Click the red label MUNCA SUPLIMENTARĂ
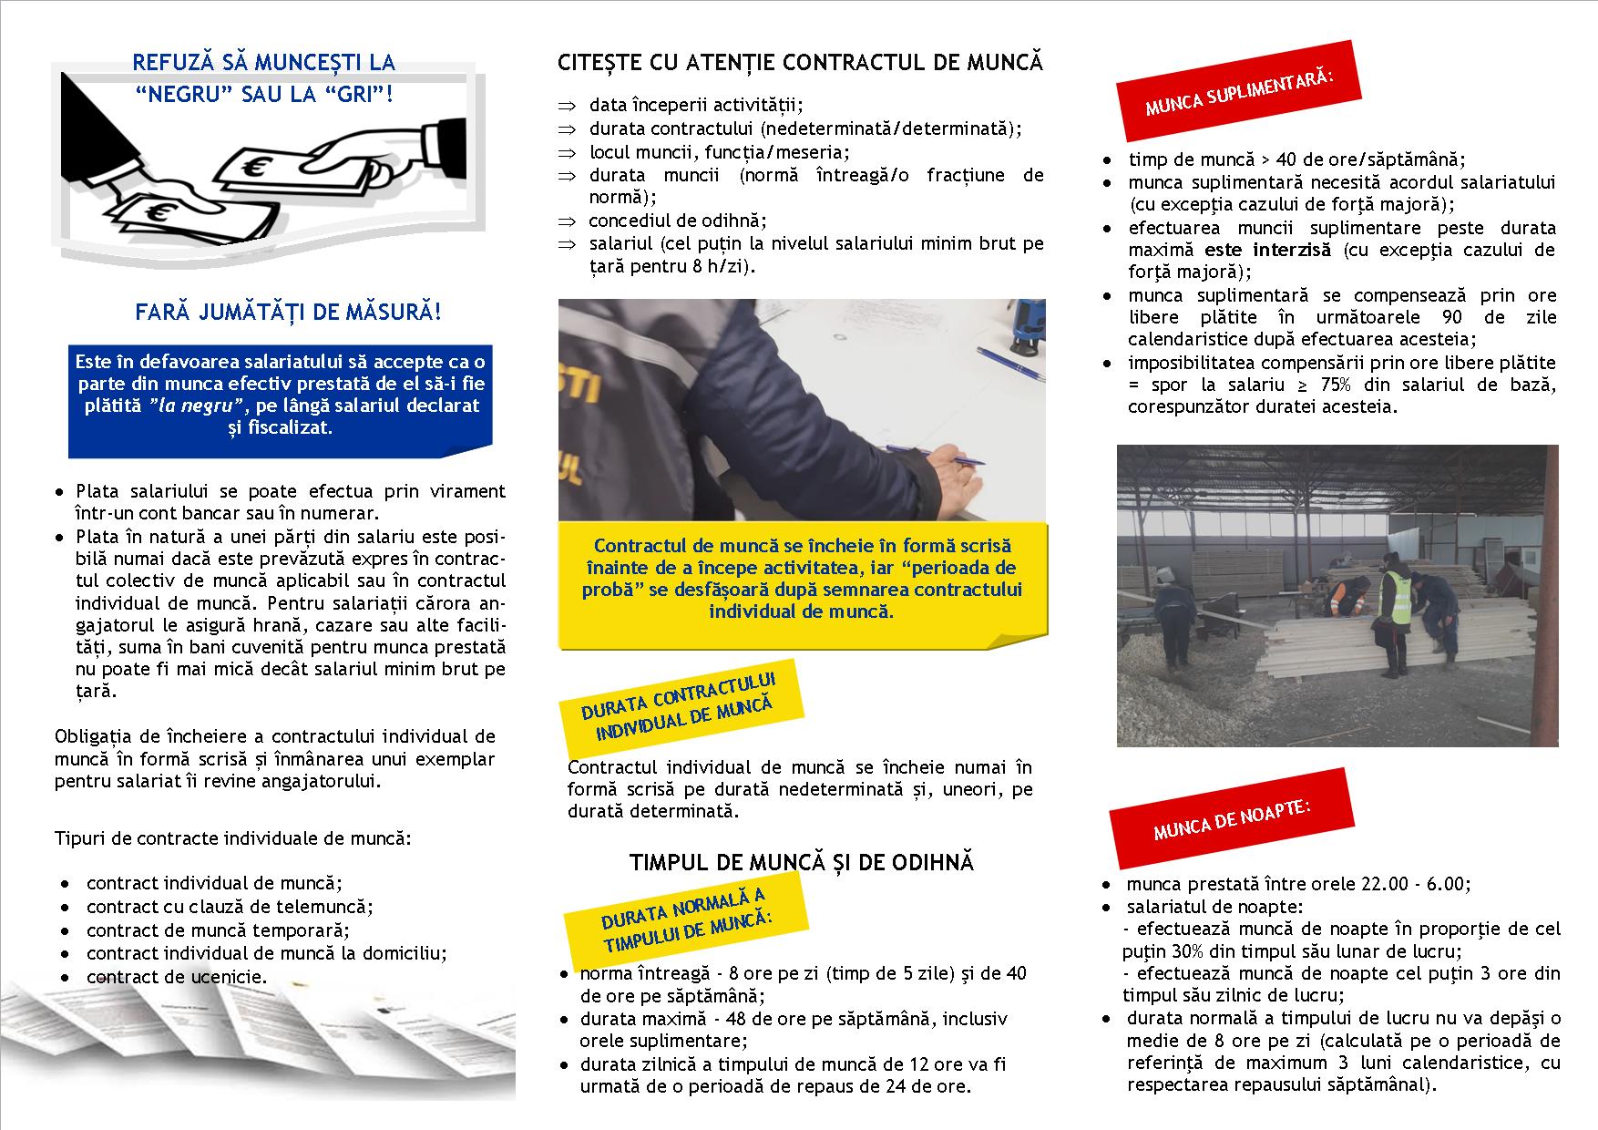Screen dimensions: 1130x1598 click(x=1239, y=94)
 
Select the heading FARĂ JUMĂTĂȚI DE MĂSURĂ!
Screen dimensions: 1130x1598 click(x=288, y=313)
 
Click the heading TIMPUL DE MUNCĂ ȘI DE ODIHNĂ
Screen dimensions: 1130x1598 click(x=802, y=862)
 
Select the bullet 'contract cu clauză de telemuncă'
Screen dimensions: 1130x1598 click(x=230, y=907)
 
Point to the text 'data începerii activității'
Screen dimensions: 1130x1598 click(x=696, y=106)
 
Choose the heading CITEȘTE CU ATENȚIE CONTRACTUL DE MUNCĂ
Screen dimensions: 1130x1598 click(x=801, y=63)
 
